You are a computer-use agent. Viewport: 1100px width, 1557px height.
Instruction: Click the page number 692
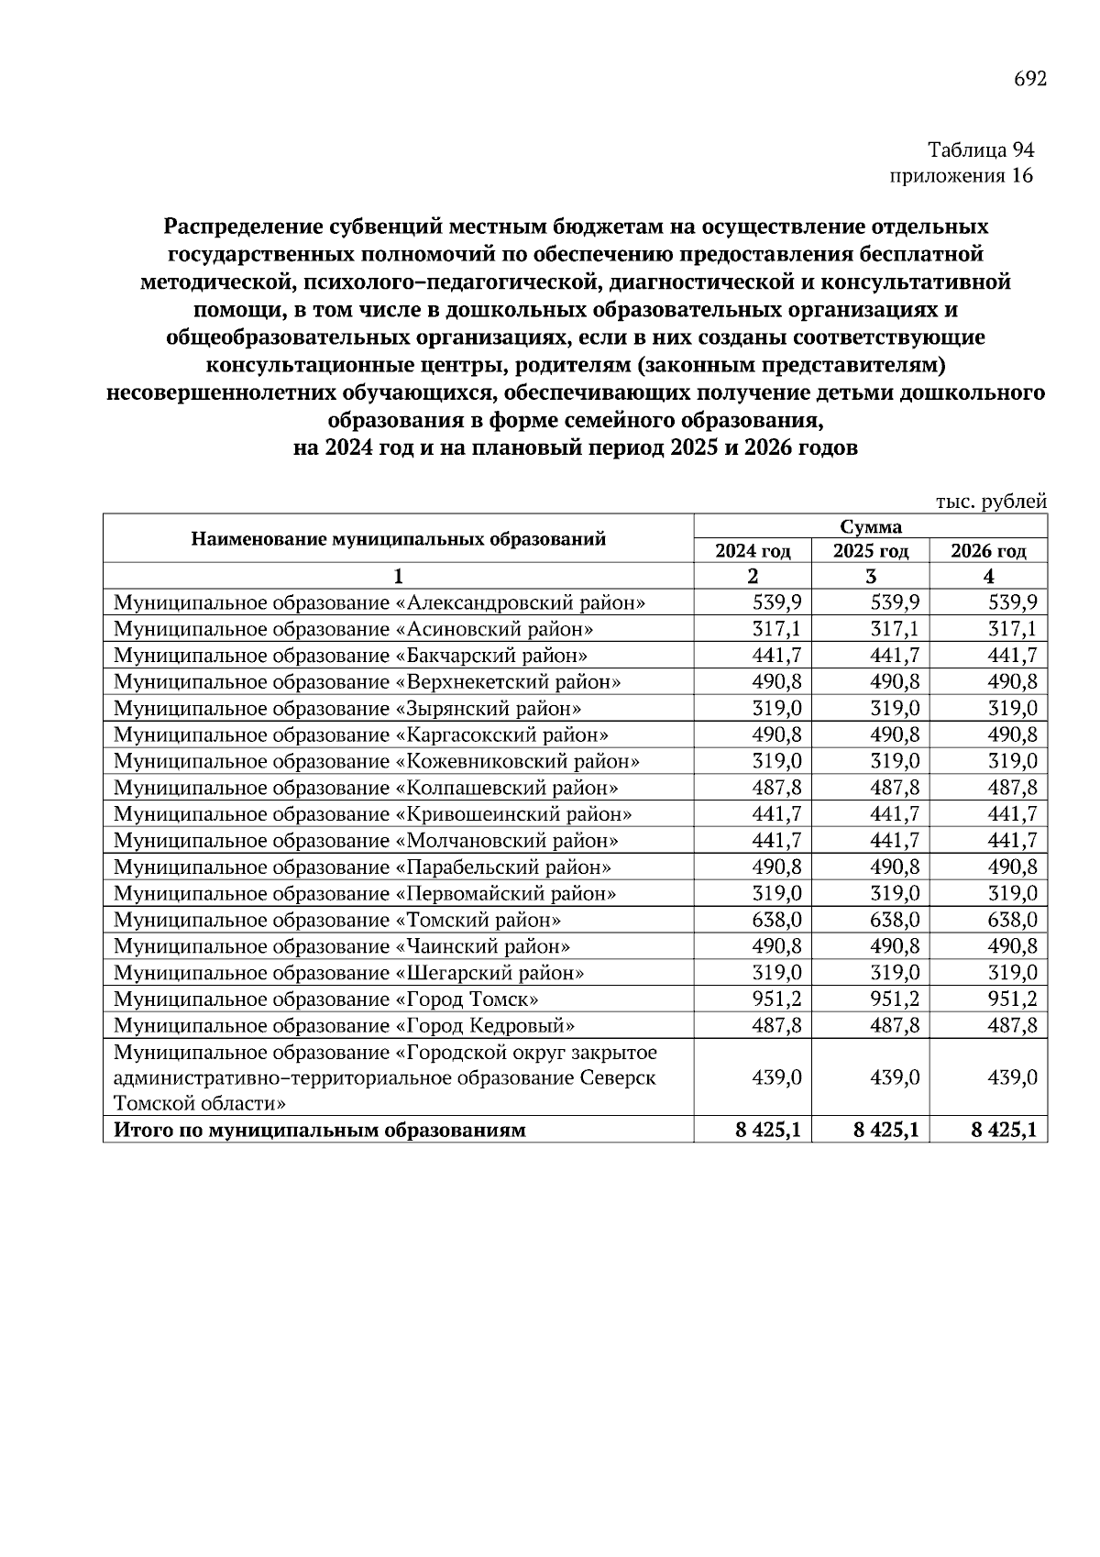[1029, 80]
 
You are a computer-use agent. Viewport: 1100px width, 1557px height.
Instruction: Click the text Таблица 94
[980, 149]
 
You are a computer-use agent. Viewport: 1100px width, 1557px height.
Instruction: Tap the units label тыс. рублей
[991, 502]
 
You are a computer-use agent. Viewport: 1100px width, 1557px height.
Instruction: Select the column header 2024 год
[753, 551]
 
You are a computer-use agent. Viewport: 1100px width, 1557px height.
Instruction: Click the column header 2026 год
[988, 551]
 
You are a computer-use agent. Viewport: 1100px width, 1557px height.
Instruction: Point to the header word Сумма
[870, 526]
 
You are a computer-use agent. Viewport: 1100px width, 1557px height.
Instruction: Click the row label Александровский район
[379, 603]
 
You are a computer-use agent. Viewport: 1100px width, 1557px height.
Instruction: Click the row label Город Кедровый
[344, 1026]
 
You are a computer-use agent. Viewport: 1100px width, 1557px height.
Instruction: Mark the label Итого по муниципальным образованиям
[319, 1131]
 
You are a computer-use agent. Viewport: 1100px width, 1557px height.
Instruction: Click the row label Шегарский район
[348, 973]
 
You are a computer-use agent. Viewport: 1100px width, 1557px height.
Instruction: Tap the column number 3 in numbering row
[870, 577]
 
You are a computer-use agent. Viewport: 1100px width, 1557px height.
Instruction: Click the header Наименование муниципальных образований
[398, 539]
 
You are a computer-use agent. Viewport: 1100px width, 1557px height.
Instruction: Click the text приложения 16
[961, 176]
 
